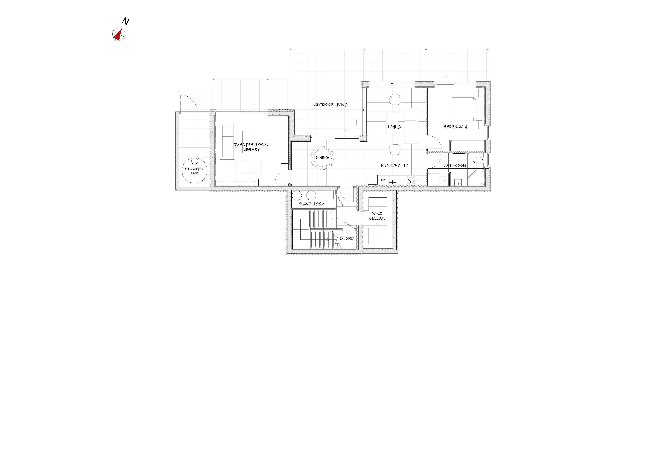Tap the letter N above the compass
[x=126, y=21]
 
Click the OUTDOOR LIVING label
[x=331, y=105]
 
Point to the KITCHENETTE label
[x=395, y=165]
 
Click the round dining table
[x=322, y=158]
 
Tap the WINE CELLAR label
[x=377, y=216]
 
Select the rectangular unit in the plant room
[x=326, y=195]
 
